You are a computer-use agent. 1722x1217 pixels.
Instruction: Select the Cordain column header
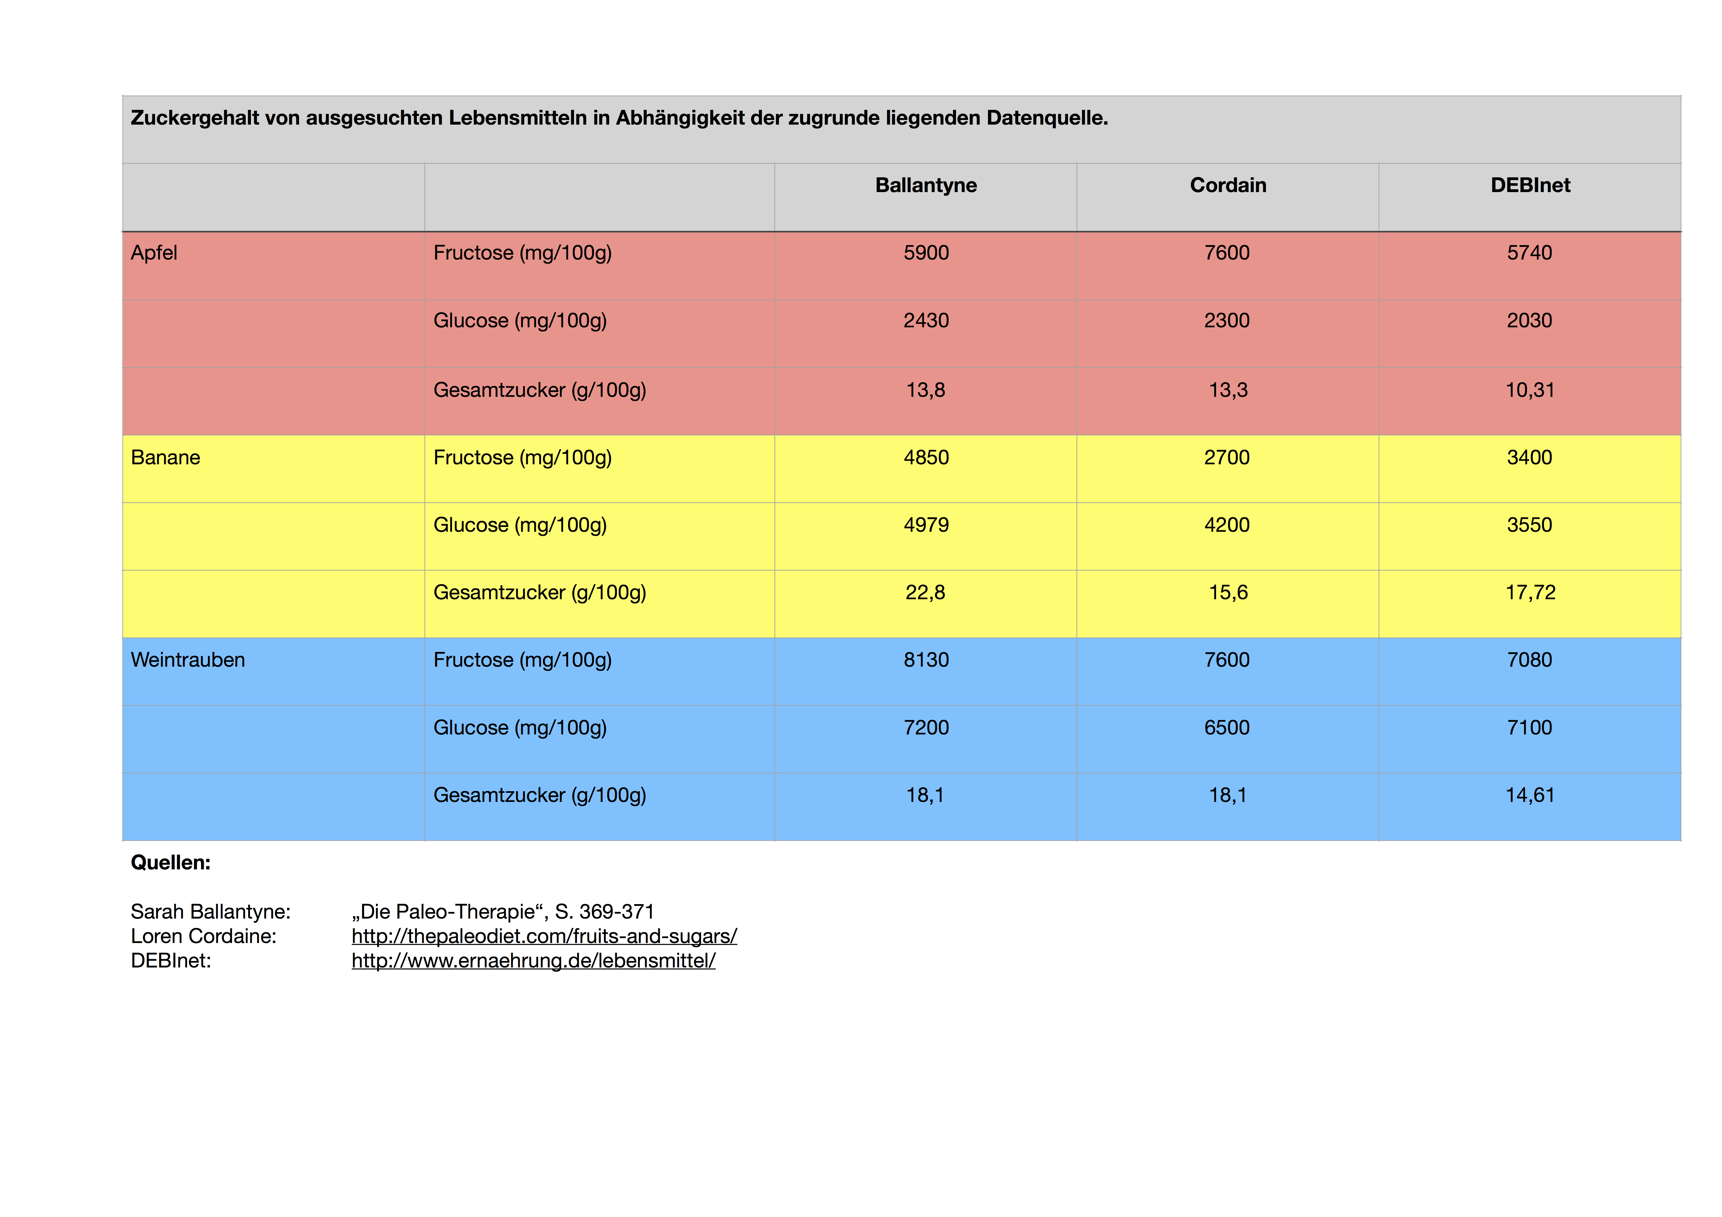(x=1228, y=185)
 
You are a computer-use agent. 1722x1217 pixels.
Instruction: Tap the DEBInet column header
(x=1530, y=185)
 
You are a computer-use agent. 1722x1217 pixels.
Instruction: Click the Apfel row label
(x=154, y=253)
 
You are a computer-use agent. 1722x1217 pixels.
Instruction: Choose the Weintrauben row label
(x=188, y=660)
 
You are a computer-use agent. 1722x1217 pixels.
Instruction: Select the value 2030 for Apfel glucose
(x=1529, y=321)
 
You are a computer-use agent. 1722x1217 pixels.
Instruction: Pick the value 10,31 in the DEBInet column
(x=1530, y=390)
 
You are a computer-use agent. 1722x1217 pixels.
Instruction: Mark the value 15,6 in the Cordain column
(x=1228, y=593)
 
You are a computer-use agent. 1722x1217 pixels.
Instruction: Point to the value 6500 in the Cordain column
(x=1227, y=728)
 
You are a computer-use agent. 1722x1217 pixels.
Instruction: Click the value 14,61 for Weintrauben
(x=1530, y=795)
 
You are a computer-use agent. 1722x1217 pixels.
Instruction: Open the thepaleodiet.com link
(x=544, y=936)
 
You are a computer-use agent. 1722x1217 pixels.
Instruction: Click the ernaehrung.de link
(x=533, y=960)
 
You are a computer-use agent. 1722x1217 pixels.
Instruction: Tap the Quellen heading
(x=170, y=863)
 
